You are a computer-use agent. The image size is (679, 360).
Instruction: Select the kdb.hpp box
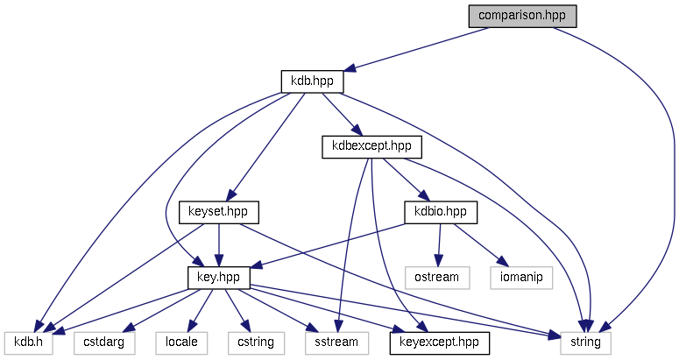(312, 81)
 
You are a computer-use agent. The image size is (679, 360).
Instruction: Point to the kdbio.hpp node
(440, 212)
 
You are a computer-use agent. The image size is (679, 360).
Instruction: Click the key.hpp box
(219, 277)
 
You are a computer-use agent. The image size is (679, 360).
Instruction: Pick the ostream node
(438, 277)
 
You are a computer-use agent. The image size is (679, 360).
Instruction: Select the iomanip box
(523, 277)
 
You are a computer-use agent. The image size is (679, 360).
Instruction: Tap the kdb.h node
(28, 342)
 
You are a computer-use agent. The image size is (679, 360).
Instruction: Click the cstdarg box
(104, 342)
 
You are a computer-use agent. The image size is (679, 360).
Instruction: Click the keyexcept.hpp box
(439, 342)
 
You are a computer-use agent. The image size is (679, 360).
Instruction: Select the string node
(584, 342)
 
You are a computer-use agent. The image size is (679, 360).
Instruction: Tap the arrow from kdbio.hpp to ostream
(439, 244)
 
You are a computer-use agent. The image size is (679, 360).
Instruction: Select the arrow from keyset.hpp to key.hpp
(218, 244)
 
